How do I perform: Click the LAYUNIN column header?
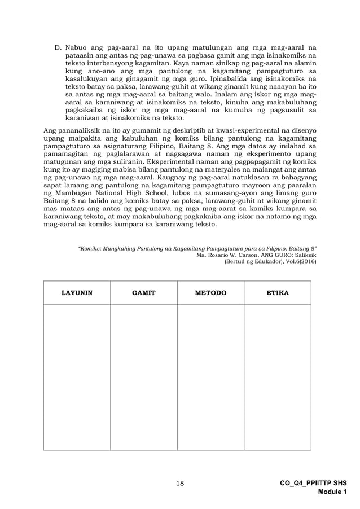pos(77,293)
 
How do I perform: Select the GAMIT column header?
pos(143,293)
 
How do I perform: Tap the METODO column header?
pos(210,293)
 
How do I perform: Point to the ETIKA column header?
pos(277,293)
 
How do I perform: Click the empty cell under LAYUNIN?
pos(77,377)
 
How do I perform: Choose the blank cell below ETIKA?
pos(277,377)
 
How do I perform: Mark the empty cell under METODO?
pos(210,377)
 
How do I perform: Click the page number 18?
pos(180,483)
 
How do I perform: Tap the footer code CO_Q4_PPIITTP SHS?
pos(313,484)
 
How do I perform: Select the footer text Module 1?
pos(331,492)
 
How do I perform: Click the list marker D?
pos(58,49)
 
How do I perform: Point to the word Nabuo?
pos(77,49)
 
